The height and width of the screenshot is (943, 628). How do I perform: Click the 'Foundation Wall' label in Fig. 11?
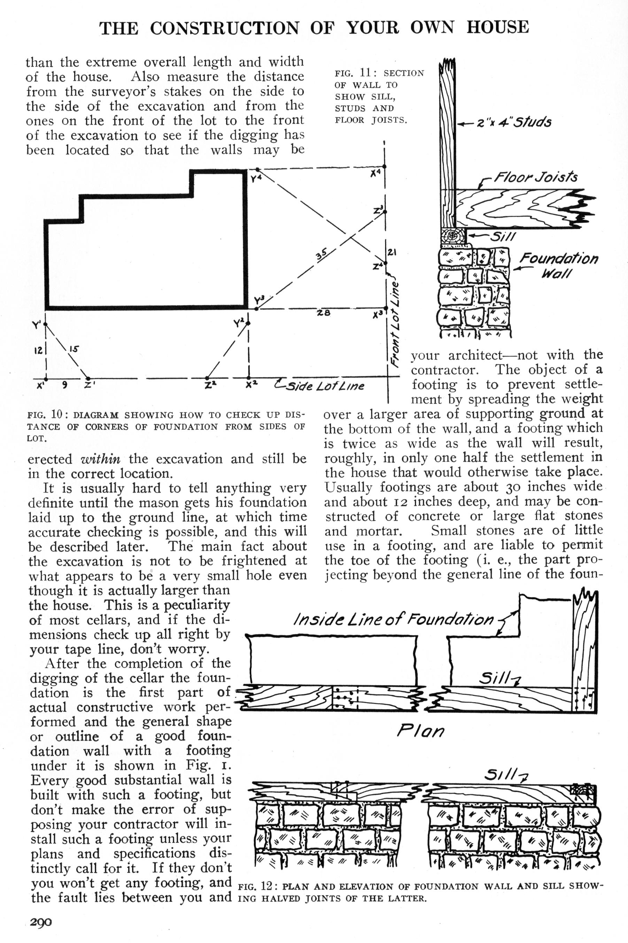click(558, 266)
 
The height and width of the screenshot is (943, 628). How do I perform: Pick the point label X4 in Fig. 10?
click(375, 174)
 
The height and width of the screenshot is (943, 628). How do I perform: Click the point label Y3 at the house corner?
click(259, 300)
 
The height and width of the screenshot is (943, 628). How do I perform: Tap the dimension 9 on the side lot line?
click(64, 385)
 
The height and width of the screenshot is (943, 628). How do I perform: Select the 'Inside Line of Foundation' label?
click(394, 620)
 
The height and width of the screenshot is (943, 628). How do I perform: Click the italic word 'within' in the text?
click(101, 459)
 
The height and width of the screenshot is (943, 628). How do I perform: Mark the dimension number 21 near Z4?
click(392, 252)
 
